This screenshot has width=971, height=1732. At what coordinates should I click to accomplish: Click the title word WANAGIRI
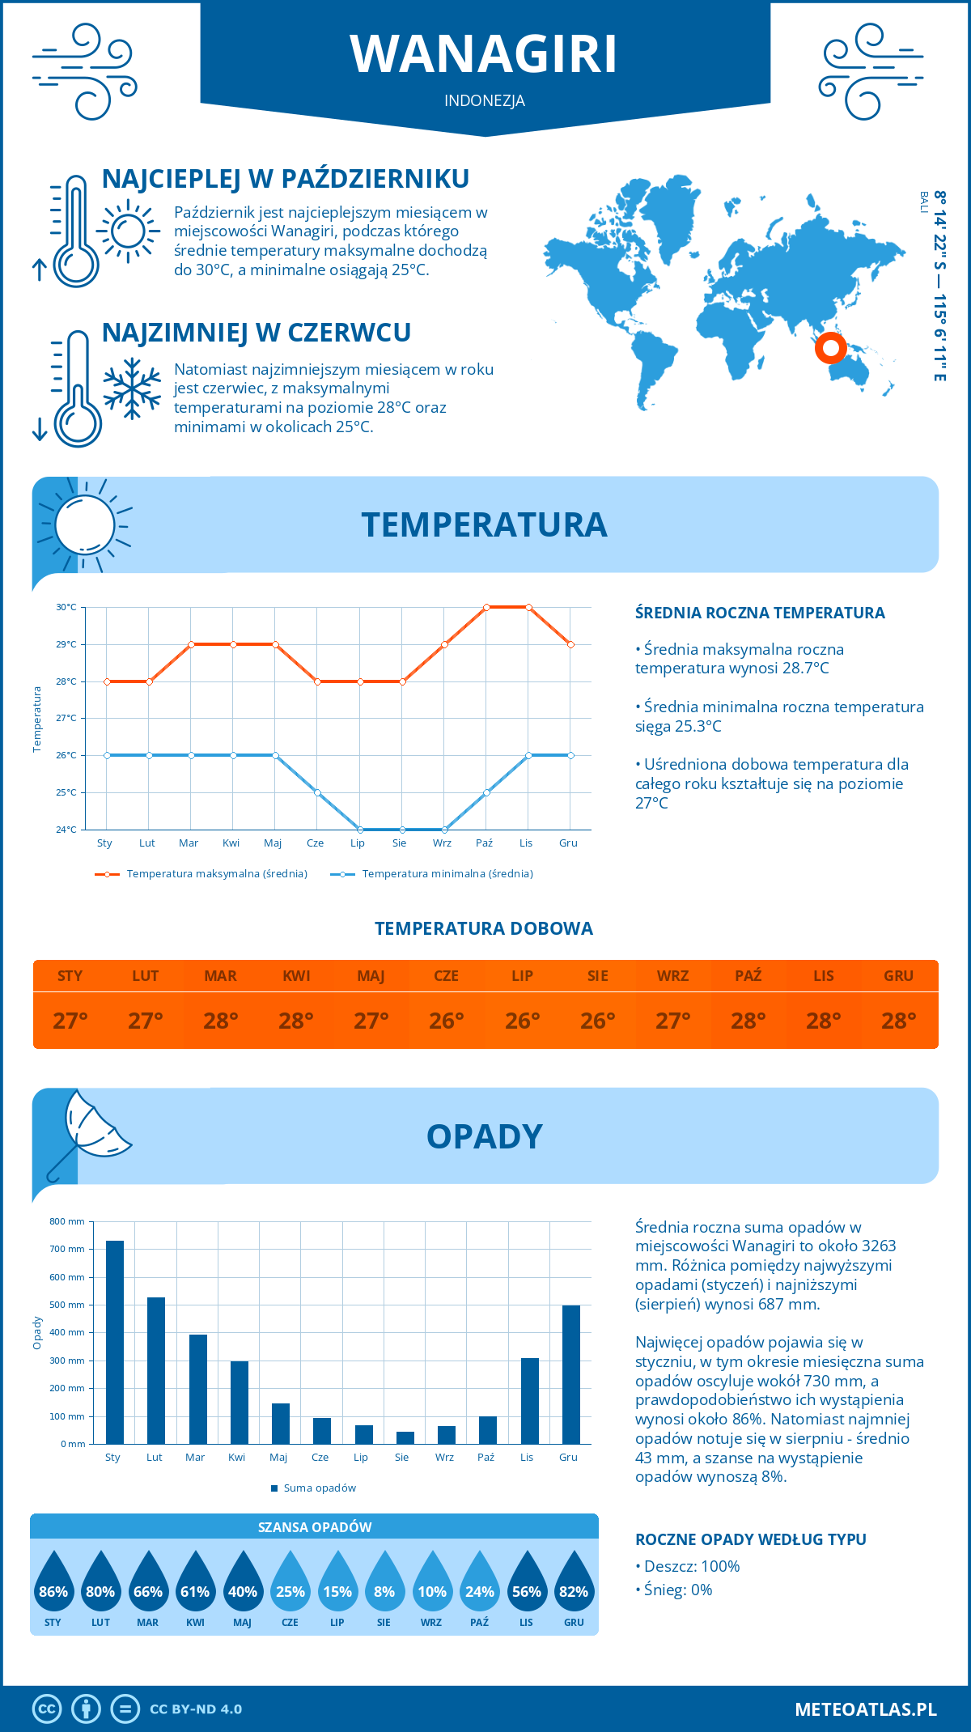click(x=484, y=54)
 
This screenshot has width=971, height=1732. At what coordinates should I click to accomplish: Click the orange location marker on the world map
click(x=830, y=348)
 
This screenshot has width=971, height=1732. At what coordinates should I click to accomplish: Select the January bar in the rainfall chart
click(x=115, y=1342)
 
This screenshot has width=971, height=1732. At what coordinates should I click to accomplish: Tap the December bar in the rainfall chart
click(x=571, y=1374)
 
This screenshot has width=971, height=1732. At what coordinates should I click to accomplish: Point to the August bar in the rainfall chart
click(x=405, y=1437)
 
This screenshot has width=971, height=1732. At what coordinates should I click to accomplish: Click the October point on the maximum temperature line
click(x=486, y=607)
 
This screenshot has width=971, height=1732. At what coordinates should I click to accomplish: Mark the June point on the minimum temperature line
click(x=317, y=792)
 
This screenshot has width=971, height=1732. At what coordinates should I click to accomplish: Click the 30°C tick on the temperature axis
click(x=66, y=607)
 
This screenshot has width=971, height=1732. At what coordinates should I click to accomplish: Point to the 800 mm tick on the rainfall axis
click(x=67, y=1221)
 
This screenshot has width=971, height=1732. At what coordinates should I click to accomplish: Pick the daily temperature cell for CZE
click(x=446, y=1021)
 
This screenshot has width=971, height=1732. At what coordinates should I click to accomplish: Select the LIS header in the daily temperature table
click(x=824, y=976)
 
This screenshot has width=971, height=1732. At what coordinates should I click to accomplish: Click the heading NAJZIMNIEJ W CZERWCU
click(x=257, y=333)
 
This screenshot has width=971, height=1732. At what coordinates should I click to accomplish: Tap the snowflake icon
click(x=132, y=388)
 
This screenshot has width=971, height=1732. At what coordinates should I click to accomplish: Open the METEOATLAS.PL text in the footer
click(x=866, y=1709)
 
